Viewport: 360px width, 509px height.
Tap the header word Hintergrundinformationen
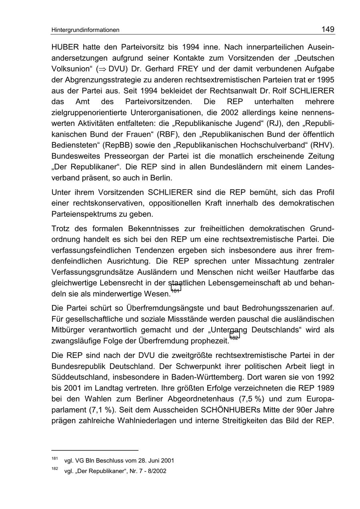[85, 30]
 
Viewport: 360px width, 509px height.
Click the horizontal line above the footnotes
[95, 450]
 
